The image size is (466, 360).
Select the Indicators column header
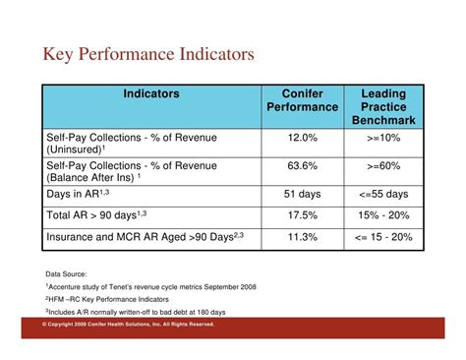pyautogui.click(x=151, y=93)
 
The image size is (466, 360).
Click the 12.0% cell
pyautogui.click(x=303, y=138)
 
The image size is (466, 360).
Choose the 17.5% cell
pyautogui.click(x=303, y=215)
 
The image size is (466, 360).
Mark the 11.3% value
pyautogui.click(x=303, y=237)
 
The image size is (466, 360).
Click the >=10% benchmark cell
pyautogui.click(x=383, y=138)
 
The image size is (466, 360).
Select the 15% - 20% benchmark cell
pyautogui.click(x=383, y=215)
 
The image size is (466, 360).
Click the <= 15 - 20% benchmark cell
pyautogui.click(x=383, y=237)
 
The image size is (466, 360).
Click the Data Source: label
pyautogui.click(x=67, y=273)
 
